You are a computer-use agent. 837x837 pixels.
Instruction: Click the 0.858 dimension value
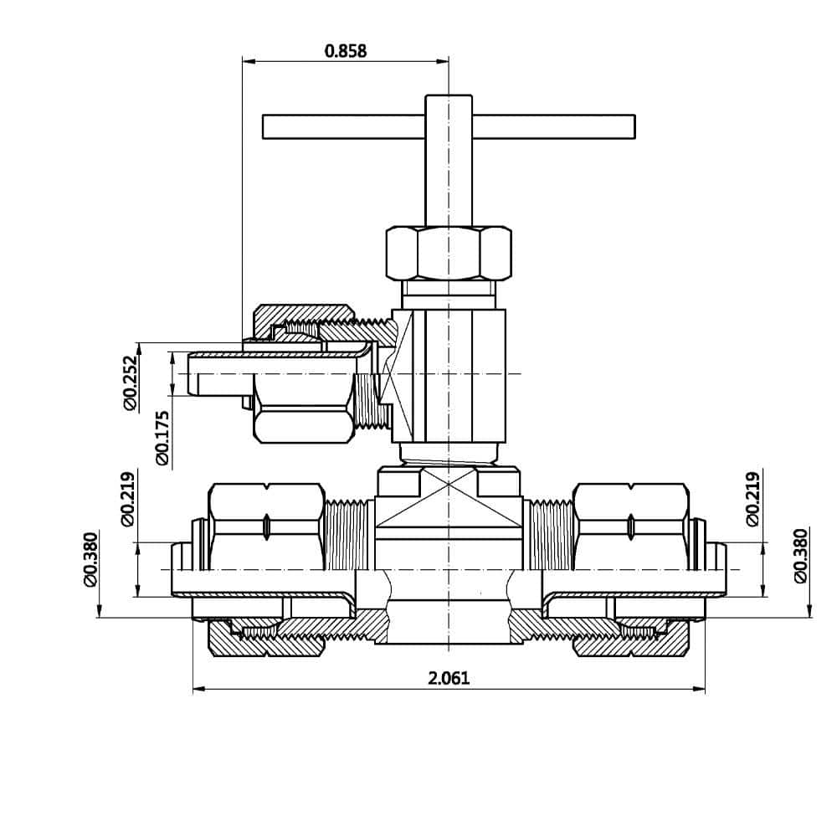click(346, 51)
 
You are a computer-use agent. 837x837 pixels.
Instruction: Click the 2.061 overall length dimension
click(449, 678)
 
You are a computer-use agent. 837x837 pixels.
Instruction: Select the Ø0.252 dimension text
click(131, 383)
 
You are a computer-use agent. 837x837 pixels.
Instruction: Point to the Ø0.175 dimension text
click(162, 438)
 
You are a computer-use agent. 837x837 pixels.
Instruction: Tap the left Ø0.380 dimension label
click(90, 560)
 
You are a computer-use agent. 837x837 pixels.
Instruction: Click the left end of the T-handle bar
click(263, 126)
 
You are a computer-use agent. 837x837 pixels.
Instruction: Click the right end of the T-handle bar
click(634, 126)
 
